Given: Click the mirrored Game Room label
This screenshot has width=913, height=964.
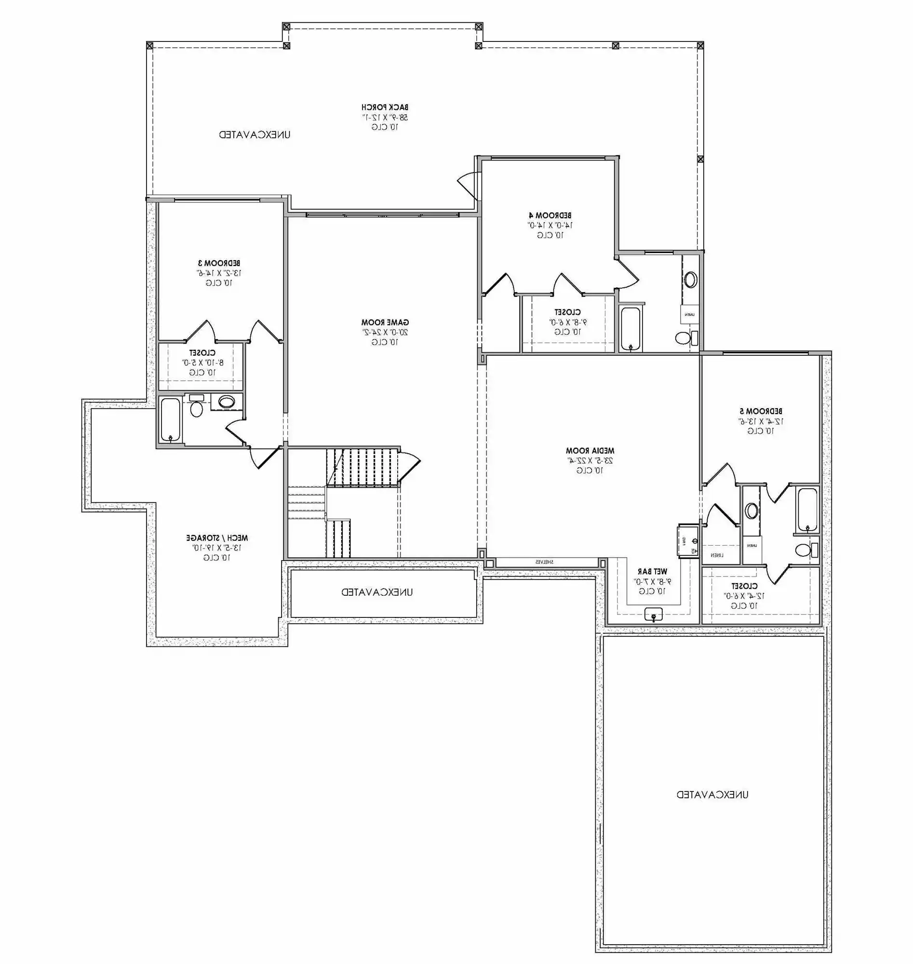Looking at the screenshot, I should tap(385, 322).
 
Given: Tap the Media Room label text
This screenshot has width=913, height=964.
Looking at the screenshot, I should tap(590, 451).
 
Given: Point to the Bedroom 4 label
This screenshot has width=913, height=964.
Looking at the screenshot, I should tap(550, 215).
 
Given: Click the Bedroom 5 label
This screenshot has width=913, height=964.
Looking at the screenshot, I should tap(761, 411).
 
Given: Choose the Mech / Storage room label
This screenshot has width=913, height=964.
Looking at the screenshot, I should tap(216, 538).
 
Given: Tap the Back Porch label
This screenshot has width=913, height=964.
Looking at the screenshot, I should tap(385, 107).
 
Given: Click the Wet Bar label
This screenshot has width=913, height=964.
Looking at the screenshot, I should tap(652, 571).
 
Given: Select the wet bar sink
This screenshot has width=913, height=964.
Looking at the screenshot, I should tap(653, 615).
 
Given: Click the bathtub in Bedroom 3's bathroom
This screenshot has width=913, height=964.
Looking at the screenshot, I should tap(170, 419).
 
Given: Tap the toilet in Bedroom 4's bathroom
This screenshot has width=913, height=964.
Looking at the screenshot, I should tap(684, 337).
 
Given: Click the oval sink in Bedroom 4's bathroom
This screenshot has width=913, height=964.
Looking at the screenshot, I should tap(690, 280).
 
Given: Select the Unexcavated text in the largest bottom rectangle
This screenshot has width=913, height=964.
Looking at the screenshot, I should tap(712, 795).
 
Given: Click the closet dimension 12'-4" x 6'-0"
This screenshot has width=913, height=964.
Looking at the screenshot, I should tap(744, 596).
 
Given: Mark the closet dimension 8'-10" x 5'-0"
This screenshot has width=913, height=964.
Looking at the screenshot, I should tap(202, 362).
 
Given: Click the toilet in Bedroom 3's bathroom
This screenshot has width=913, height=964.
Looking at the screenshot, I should tap(196, 408).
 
